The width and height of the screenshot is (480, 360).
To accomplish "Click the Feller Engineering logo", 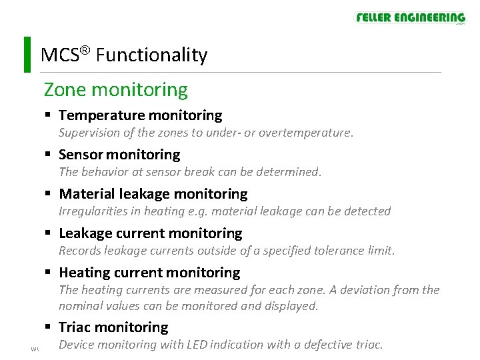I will pos(410,18).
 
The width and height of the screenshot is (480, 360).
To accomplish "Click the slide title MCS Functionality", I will pos(124,55).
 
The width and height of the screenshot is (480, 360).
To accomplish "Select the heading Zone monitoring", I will pos(115,89).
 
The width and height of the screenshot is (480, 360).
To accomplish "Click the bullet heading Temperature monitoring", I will pos(140,115).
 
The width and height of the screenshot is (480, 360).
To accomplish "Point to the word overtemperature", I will pos(305,133).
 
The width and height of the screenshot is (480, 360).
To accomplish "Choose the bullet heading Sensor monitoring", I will pos(119,155).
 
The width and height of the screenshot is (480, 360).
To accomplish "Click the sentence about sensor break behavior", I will pos(190,172).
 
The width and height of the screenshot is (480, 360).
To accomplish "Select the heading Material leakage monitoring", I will pos(153,194).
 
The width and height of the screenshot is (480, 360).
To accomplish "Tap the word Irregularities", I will pos(91,211).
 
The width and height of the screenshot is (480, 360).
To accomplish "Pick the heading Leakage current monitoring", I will pos(150,233).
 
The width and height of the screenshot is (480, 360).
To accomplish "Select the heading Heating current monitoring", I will pos(149,273).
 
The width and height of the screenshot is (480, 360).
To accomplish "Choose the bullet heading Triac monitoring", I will pos(113,327).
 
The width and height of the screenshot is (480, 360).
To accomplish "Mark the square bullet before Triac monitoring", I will pos(49,327).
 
